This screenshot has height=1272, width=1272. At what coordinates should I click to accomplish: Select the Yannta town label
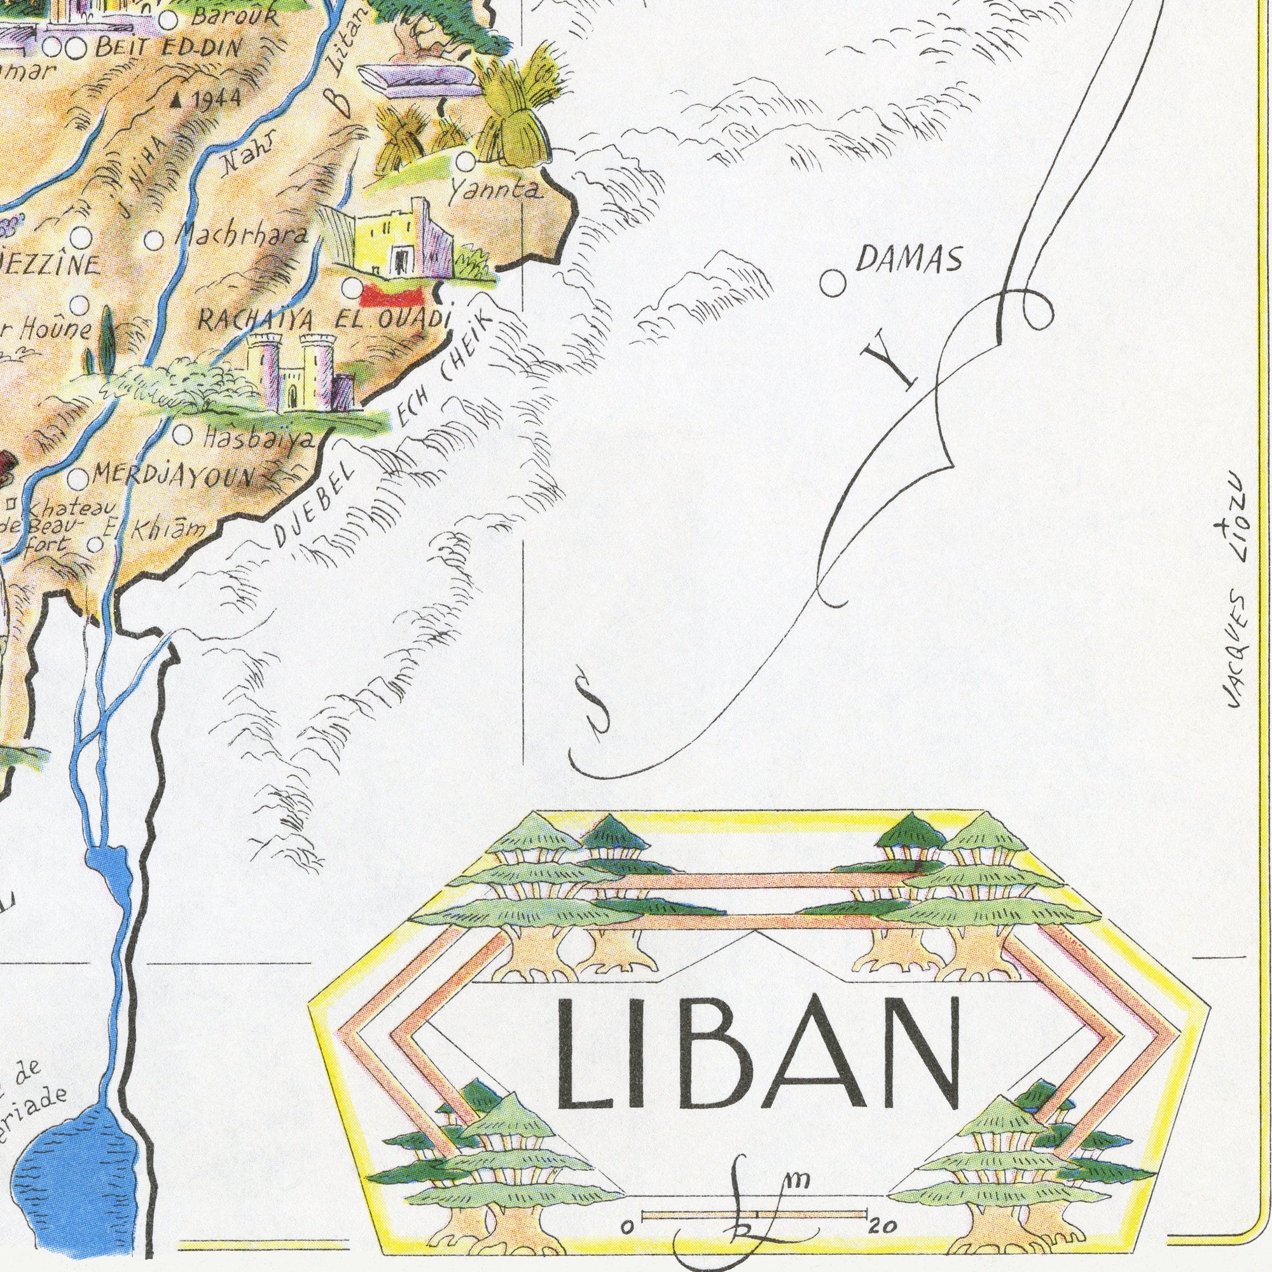495,190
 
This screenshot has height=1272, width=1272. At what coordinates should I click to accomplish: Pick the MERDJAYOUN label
172,475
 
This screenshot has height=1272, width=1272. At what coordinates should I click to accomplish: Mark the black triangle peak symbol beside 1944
177,101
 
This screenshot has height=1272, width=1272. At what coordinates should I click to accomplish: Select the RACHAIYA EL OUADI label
323,321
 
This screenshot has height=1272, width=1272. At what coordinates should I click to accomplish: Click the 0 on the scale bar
628,1227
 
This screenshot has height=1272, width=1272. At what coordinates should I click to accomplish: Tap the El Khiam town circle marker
95,544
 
